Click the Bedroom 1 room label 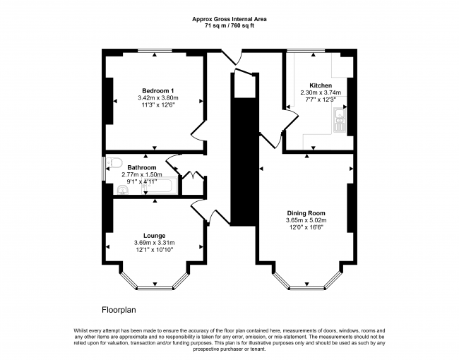click(158, 90)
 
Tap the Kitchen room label click(321, 85)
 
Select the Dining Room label click(306, 213)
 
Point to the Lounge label click(154, 236)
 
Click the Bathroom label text click(142, 167)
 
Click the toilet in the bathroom click(114, 163)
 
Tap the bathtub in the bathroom click(160, 185)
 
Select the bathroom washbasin click(123, 191)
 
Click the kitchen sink click(340, 120)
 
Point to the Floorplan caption click(119, 310)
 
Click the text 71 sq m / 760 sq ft click(229, 25)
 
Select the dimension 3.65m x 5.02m click(306, 220)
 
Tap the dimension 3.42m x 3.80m click(158, 97)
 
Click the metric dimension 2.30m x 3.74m click(321, 92)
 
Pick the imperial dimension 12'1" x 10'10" click(154, 250)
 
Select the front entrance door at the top click(231, 57)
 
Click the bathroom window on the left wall click(104, 169)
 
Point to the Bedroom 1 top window click(155, 51)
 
